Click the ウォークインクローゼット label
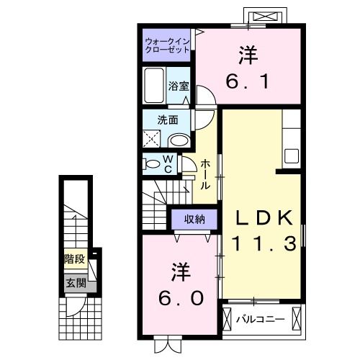(x=167, y=45)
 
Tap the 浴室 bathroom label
(x=179, y=85)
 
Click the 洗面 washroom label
(x=170, y=120)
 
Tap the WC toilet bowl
(x=153, y=164)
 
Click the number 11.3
(x=264, y=245)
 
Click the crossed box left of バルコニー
(x=228, y=318)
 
